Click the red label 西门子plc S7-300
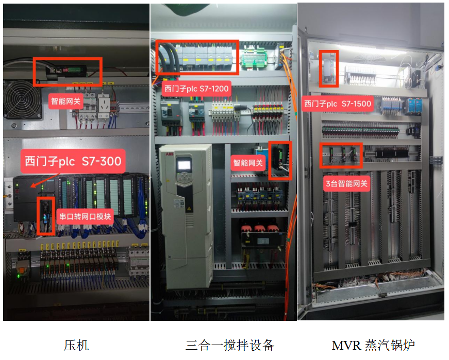pyautogui.click(x=73, y=161)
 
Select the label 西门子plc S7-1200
pyautogui.click(x=196, y=89)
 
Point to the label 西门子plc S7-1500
pyautogui.click(x=338, y=104)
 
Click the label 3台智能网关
pyautogui.click(x=347, y=183)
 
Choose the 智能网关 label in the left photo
pyautogui.click(x=65, y=101)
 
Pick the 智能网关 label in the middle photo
pyautogui.click(x=248, y=163)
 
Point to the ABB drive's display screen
pyautogui.click(x=184, y=166)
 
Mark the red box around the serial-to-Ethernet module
pyautogui.click(x=46, y=216)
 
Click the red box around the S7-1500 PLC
pyautogui.click(x=329, y=68)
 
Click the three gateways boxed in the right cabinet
pyautogui.click(x=341, y=155)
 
